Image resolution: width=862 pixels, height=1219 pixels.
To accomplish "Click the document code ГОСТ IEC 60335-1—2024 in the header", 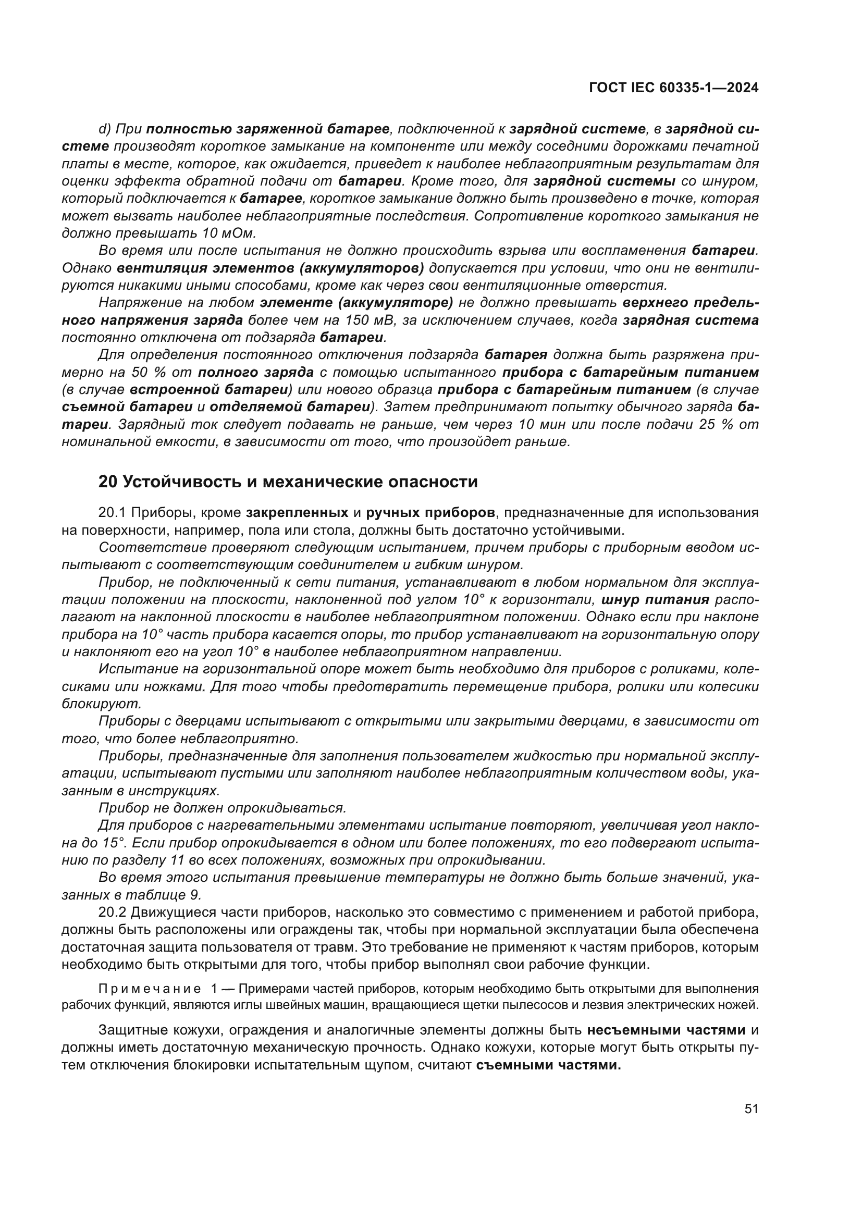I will point(673,88).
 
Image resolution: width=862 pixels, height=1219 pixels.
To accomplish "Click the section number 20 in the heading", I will point(108,482).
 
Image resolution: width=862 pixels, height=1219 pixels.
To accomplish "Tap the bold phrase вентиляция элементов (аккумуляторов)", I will point(270,268).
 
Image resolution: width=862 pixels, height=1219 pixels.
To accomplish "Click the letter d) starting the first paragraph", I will point(104,129).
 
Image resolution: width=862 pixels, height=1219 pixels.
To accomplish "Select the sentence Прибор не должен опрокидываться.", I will point(222,809).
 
